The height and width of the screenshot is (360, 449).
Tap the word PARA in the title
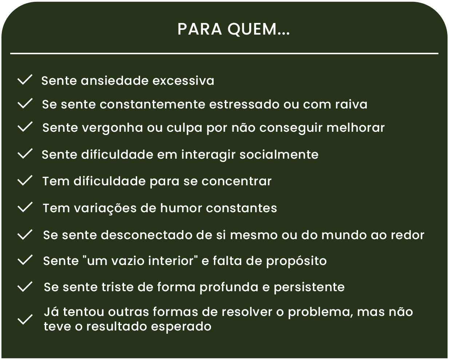tap(200, 29)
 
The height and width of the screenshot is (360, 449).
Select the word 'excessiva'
tap(183, 81)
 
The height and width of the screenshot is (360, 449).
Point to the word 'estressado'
tap(244, 104)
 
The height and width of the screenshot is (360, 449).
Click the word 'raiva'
tap(351, 104)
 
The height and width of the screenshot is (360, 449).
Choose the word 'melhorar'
tap(355, 127)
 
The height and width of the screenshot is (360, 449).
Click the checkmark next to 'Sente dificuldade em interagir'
tap(25, 154)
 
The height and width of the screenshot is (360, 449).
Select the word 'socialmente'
tap(279, 154)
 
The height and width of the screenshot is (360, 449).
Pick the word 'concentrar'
tap(237, 181)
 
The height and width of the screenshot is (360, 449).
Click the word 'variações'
tap(105, 209)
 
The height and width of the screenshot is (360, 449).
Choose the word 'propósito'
tap(297, 261)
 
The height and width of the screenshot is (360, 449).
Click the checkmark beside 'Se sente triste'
tap(25, 286)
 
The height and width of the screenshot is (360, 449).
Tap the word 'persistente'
tap(309, 288)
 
